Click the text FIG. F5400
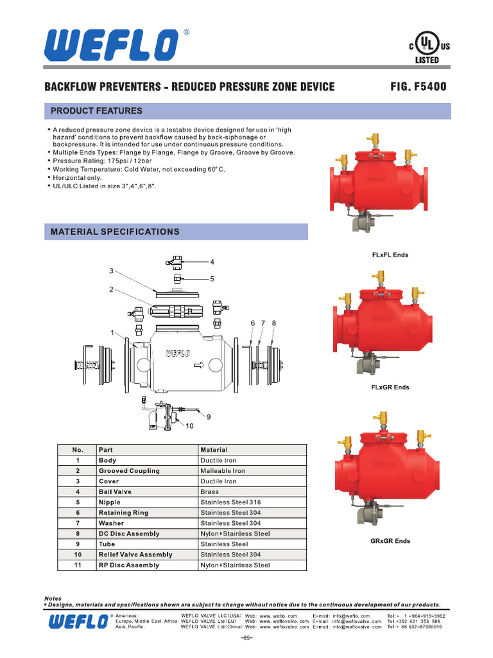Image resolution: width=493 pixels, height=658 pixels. [418, 87]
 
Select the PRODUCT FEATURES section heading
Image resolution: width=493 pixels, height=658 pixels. [96, 111]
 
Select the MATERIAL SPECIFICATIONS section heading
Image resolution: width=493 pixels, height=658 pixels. [115, 232]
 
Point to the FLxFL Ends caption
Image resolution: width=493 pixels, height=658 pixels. [390, 255]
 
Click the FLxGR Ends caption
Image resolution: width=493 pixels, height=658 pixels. [390, 387]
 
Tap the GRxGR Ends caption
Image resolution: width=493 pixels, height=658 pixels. [390, 541]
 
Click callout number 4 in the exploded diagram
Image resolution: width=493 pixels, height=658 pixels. [212, 262]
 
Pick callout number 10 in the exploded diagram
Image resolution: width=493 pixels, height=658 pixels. [189, 426]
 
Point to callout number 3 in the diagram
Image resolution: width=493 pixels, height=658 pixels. [111, 271]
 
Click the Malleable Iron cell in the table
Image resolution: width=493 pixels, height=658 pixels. [222, 471]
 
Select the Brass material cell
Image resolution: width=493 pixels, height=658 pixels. [209, 492]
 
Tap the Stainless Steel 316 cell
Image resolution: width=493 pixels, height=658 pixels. [230, 502]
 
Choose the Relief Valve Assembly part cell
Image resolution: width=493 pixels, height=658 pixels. [135, 555]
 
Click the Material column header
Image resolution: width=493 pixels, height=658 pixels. [214, 450]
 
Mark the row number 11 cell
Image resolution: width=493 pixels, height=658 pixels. [78, 565]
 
